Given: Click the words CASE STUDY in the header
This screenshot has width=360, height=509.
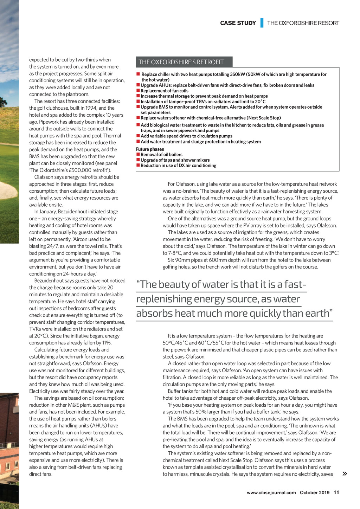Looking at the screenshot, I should (x=238, y=23).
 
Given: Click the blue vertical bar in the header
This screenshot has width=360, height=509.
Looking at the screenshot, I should (x=262, y=23).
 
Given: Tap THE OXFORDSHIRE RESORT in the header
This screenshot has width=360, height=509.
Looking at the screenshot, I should (x=303, y=23).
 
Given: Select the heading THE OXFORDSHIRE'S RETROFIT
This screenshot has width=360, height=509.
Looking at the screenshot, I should (x=181, y=62).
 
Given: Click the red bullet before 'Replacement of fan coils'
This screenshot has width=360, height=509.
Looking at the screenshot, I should (x=138, y=91).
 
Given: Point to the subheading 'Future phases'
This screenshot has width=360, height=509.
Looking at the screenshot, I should (x=150, y=149).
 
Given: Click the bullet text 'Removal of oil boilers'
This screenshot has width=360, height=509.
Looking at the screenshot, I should (x=161, y=155).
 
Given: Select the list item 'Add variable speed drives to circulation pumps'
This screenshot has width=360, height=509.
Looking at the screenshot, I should (x=186, y=136).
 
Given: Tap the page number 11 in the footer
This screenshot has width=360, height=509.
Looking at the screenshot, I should (x=336, y=492).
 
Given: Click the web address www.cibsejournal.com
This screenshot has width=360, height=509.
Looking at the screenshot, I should (x=271, y=492).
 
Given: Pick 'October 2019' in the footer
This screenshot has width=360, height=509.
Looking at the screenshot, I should (x=315, y=492).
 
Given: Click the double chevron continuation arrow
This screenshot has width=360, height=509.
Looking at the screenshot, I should (x=345, y=474).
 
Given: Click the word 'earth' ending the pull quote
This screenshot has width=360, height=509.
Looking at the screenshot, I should (x=317, y=313).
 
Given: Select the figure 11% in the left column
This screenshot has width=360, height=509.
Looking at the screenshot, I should (x=107, y=343).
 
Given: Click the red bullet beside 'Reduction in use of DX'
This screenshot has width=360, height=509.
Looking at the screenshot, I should (x=138, y=166).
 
